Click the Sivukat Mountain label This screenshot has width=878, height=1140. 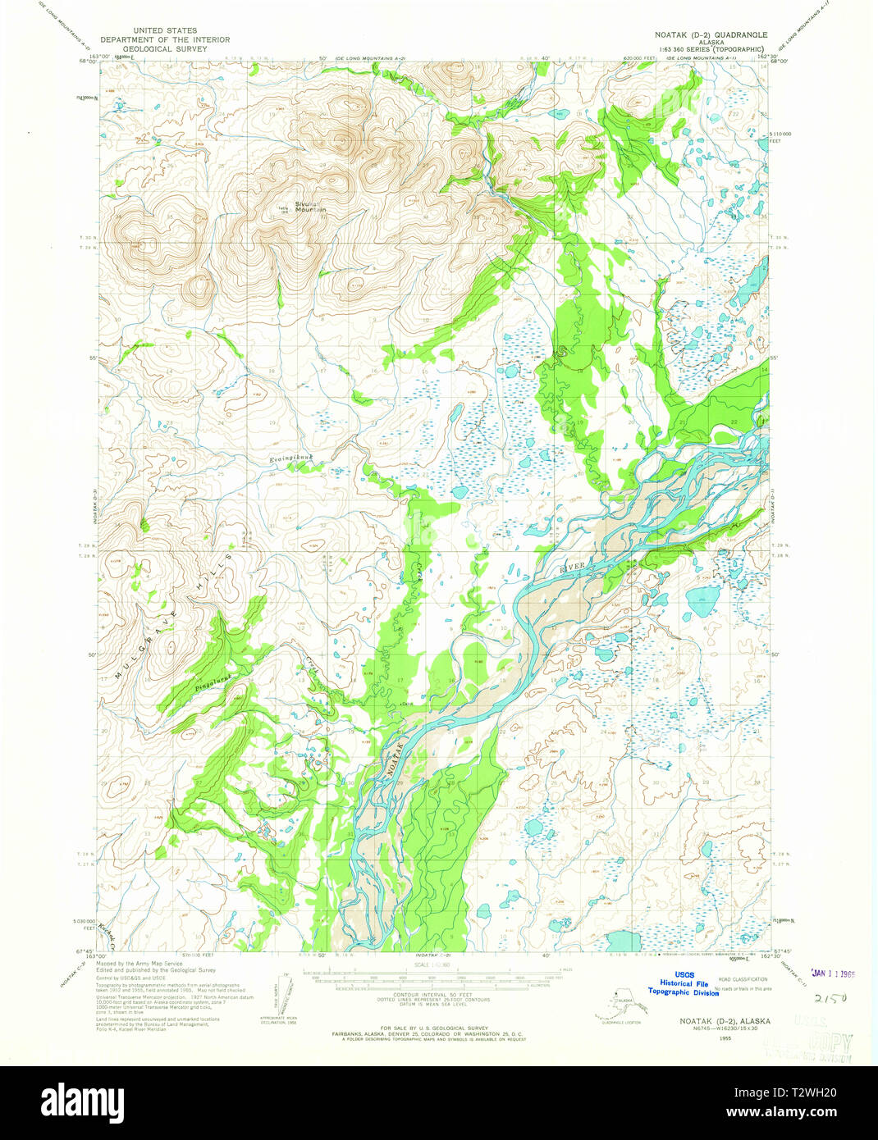[x=310, y=207]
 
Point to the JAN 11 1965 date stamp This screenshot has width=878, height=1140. [x=832, y=974]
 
